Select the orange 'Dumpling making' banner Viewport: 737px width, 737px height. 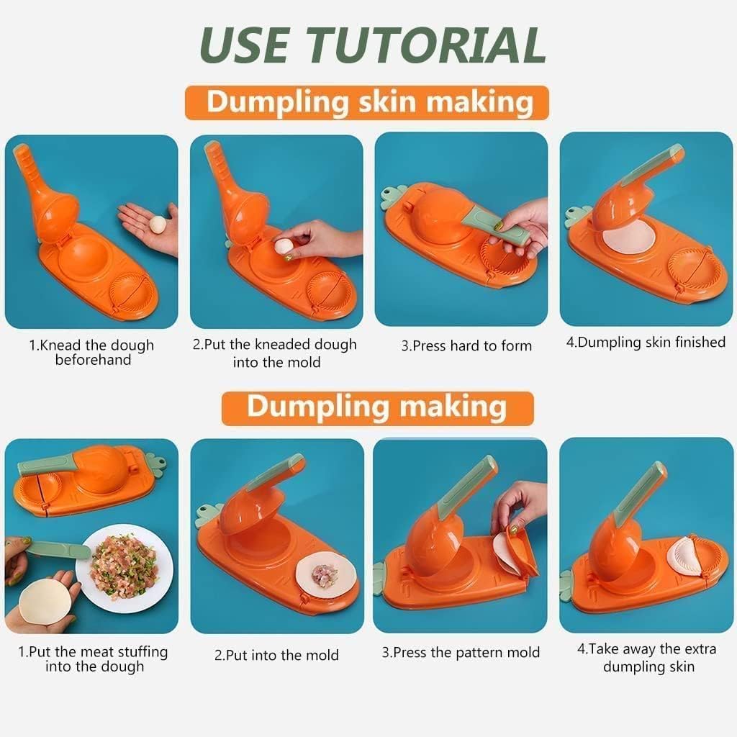376,407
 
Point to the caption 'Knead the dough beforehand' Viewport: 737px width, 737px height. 92,353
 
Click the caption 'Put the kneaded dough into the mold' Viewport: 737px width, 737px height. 276,353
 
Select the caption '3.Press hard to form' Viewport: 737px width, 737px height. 466,346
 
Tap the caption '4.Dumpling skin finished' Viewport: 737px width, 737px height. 646,343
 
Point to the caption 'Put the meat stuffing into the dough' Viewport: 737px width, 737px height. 94,659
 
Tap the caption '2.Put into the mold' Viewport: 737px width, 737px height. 276,655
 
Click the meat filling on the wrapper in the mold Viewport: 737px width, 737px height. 325,575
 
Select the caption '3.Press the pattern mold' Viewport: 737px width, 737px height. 461,653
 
